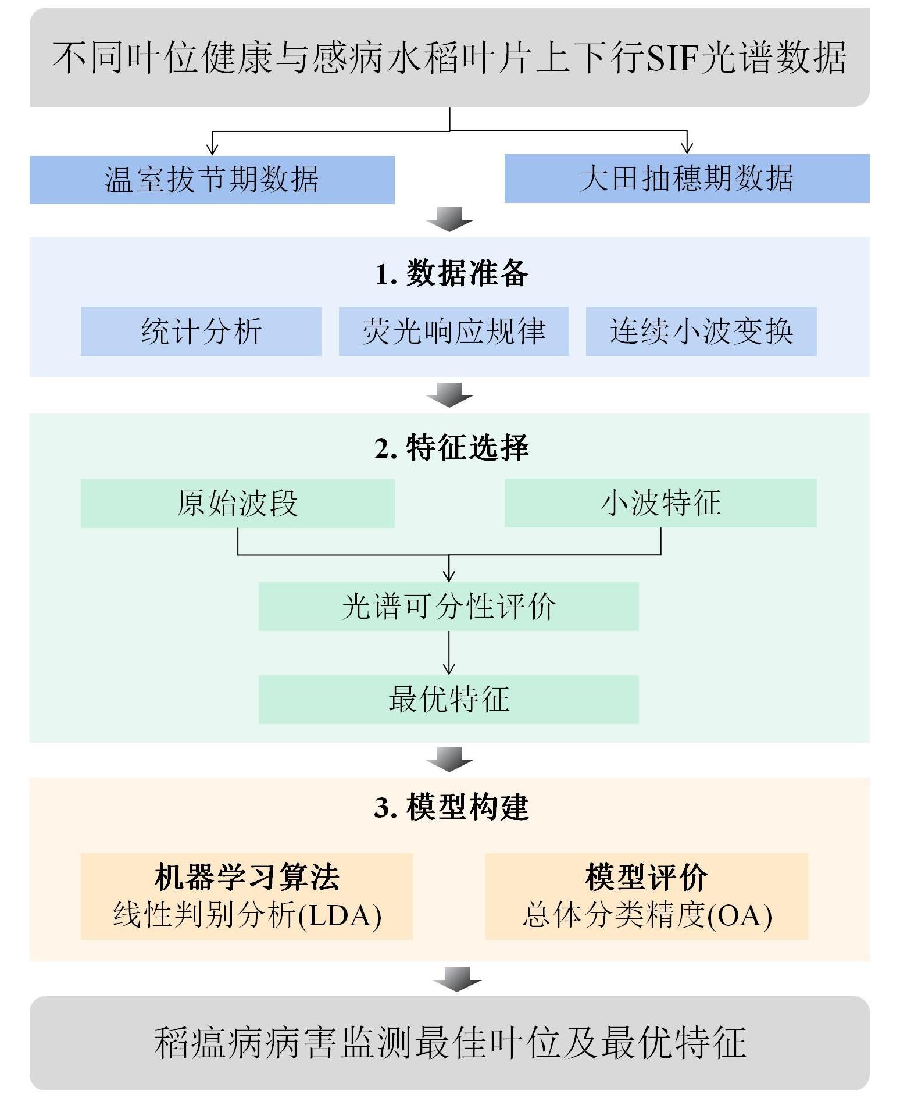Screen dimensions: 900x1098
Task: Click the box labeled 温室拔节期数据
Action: pos(212,180)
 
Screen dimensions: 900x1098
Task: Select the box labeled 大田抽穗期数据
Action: pos(687,179)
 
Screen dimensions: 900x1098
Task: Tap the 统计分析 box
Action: pos(201,331)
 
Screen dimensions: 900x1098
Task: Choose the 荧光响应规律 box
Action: pos(453,331)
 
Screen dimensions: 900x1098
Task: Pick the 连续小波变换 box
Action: pos(701,331)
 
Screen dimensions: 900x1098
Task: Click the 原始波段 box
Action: pos(237,504)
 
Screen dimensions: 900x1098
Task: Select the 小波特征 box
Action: pos(660,503)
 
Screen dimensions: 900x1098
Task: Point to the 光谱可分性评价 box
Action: pos(448,607)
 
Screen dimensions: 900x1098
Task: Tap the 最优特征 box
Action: pos(448,700)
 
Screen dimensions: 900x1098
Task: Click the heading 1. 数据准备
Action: pos(452,273)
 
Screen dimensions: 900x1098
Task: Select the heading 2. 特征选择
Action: pos(452,448)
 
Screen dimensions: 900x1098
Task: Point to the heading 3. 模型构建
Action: pos(452,807)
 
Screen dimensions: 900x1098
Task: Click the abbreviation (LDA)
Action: pos(340,915)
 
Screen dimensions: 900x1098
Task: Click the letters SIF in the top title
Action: pos(672,58)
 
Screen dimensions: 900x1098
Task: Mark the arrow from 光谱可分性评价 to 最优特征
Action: pos(448,653)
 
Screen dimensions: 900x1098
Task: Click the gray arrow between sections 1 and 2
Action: pos(449,395)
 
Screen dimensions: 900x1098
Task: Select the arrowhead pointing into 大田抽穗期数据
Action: pos(687,147)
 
